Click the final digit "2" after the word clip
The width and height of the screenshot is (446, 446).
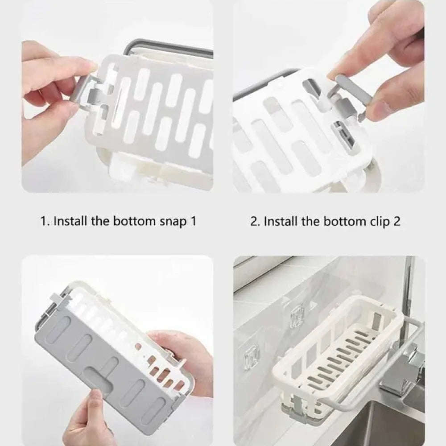point(396,221)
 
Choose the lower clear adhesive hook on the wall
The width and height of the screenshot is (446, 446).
point(252,355)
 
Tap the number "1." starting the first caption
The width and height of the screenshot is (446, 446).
point(45,221)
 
